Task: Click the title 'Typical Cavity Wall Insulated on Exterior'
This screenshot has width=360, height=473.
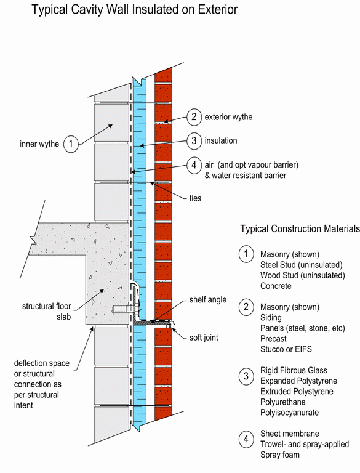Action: click(135, 10)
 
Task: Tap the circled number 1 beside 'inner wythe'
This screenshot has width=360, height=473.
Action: click(71, 144)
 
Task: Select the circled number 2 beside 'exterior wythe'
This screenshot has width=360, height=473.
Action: click(194, 117)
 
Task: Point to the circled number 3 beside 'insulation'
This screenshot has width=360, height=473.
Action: click(194, 140)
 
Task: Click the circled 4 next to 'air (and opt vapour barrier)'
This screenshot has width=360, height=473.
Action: click(194, 165)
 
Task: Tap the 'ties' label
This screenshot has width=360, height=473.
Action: click(195, 198)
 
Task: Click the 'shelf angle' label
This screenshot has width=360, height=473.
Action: click(208, 300)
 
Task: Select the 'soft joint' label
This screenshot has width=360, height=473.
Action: click(204, 338)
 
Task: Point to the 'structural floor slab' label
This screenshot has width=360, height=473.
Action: click(47, 311)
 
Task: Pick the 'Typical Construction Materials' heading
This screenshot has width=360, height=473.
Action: click(300, 228)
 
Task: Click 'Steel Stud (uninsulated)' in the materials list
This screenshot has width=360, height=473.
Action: click(302, 265)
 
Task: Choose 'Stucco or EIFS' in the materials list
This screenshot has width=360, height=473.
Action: click(286, 349)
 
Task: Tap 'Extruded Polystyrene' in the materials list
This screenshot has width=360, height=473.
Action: click(297, 392)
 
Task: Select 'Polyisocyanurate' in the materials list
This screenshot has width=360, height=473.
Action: click(289, 413)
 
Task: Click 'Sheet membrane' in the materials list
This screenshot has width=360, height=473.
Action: click(290, 434)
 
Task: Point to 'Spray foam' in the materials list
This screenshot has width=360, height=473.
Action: click(280, 455)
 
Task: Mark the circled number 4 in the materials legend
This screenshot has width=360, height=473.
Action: click(246, 439)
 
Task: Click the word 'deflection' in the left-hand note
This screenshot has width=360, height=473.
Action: click(42, 363)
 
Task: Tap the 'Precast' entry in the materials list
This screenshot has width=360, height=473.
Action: click(273, 339)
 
